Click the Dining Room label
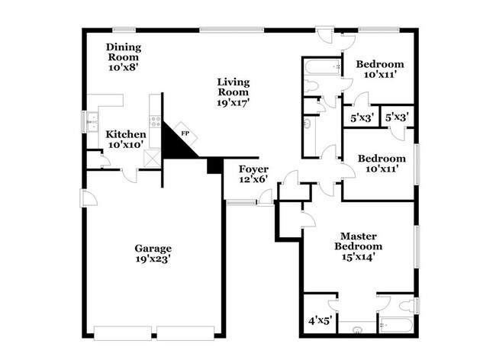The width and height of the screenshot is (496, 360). [123, 51]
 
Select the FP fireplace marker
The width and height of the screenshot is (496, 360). [184, 133]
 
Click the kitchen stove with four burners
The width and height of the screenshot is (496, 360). [156, 120]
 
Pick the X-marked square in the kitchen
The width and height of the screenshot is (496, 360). [152, 158]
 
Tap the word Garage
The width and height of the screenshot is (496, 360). [153, 248]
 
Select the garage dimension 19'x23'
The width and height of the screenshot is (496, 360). [153, 259]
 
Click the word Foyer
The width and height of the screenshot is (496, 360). [253, 168]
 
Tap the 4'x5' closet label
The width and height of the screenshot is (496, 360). [319, 321]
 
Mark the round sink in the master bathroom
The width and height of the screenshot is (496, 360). [356, 329]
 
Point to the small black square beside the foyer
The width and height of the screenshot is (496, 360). [214, 165]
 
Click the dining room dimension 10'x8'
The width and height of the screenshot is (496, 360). [123, 66]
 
